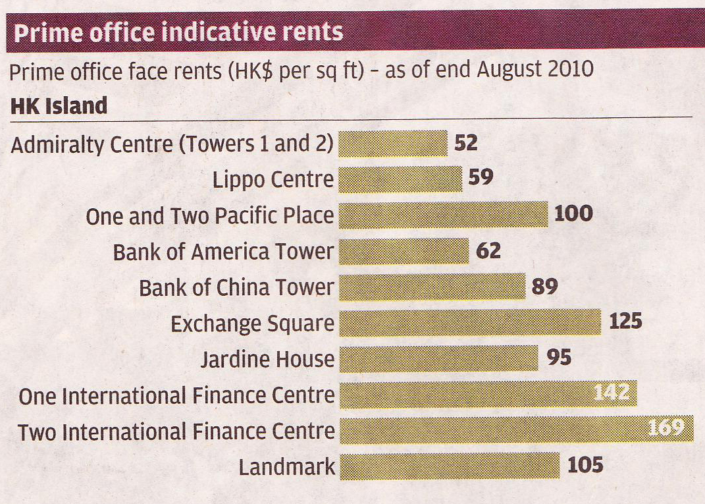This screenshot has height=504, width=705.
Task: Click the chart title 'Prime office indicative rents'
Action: [x=178, y=32]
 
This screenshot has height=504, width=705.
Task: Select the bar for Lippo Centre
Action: [x=400, y=179]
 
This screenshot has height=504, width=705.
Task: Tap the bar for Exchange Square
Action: [x=469, y=322]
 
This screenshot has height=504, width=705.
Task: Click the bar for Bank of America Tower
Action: [x=404, y=251]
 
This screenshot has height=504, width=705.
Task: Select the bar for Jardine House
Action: [x=438, y=358]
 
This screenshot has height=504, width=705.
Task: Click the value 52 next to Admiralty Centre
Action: [x=465, y=143]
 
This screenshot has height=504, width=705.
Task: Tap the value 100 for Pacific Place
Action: [x=573, y=214]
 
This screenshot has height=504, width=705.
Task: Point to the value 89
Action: [x=543, y=287]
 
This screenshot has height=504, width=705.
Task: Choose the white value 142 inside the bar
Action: [x=612, y=394]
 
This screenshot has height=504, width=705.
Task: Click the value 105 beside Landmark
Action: [x=585, y=466]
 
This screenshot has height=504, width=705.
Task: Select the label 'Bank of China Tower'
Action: [x=236, y=288]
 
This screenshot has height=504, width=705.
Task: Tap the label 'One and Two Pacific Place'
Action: [x=209, y=216]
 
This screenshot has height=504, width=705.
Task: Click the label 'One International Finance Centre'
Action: [x=176, y=396]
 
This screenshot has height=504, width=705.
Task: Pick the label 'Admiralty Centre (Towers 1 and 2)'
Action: [x=172, y=144]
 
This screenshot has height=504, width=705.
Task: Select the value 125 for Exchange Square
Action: [x=625, y=322]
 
